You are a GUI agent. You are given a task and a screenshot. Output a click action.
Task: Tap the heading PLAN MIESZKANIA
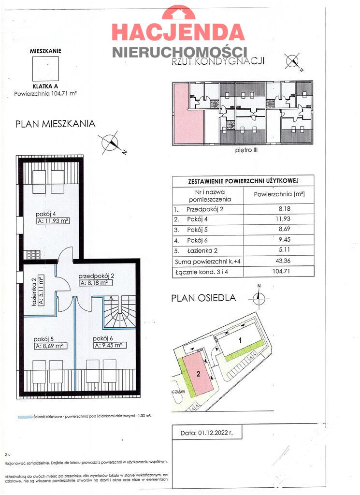(x=55, y=124)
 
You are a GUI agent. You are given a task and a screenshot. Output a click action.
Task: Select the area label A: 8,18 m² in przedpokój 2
(x=97, y=283)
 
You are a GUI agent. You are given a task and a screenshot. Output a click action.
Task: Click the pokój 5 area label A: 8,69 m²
(x=50, y=346)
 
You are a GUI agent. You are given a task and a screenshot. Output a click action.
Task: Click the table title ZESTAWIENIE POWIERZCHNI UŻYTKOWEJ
(x=243, y=181)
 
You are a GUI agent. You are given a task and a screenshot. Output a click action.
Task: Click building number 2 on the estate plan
(x=198, y=374)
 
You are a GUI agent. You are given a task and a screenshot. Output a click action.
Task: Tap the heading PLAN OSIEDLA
(x=203, y=298)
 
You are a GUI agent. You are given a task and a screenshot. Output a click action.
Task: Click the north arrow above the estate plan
(x=259, y=297)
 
